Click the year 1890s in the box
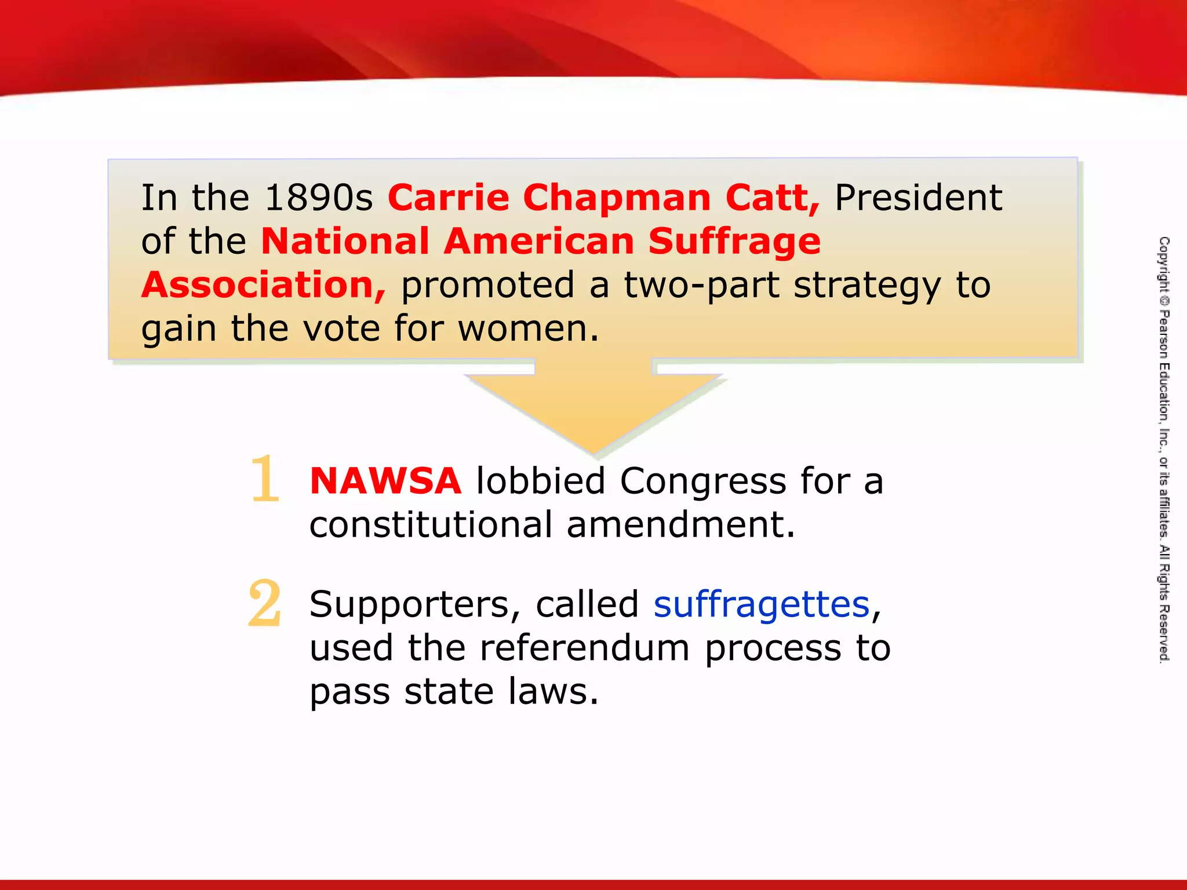(x=318, y=198)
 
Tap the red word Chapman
(x=617, y=198)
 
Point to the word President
(x=918, y=198)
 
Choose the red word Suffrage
(x=734, y=241)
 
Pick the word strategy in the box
(x=866, y=286)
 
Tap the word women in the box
(x=527, y=329)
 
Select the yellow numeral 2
(x=265, y=604)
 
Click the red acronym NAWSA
(x=385, y=481)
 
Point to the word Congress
(x=702, y=481)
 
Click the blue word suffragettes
(x=762, y=605)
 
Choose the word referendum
(x=584, y=648)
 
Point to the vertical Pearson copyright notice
(x=1164, y=449)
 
